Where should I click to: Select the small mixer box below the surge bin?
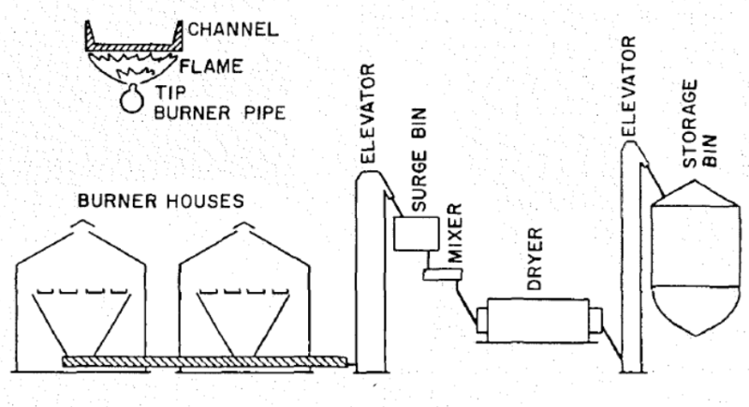point(438,274)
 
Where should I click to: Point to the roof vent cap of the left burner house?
point(82,224)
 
